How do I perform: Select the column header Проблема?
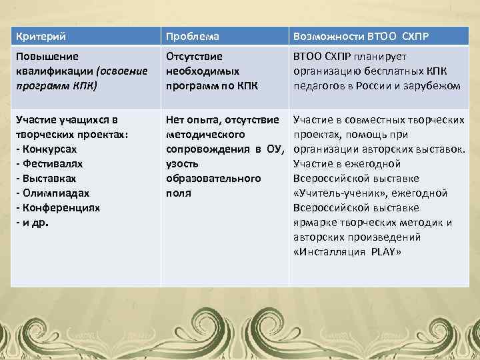193,35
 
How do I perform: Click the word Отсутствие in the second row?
194,56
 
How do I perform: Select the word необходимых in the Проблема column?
202,71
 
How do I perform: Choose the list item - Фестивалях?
46,163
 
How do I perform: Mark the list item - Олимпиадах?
48,193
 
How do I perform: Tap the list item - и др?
31,222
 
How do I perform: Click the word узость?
182,163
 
